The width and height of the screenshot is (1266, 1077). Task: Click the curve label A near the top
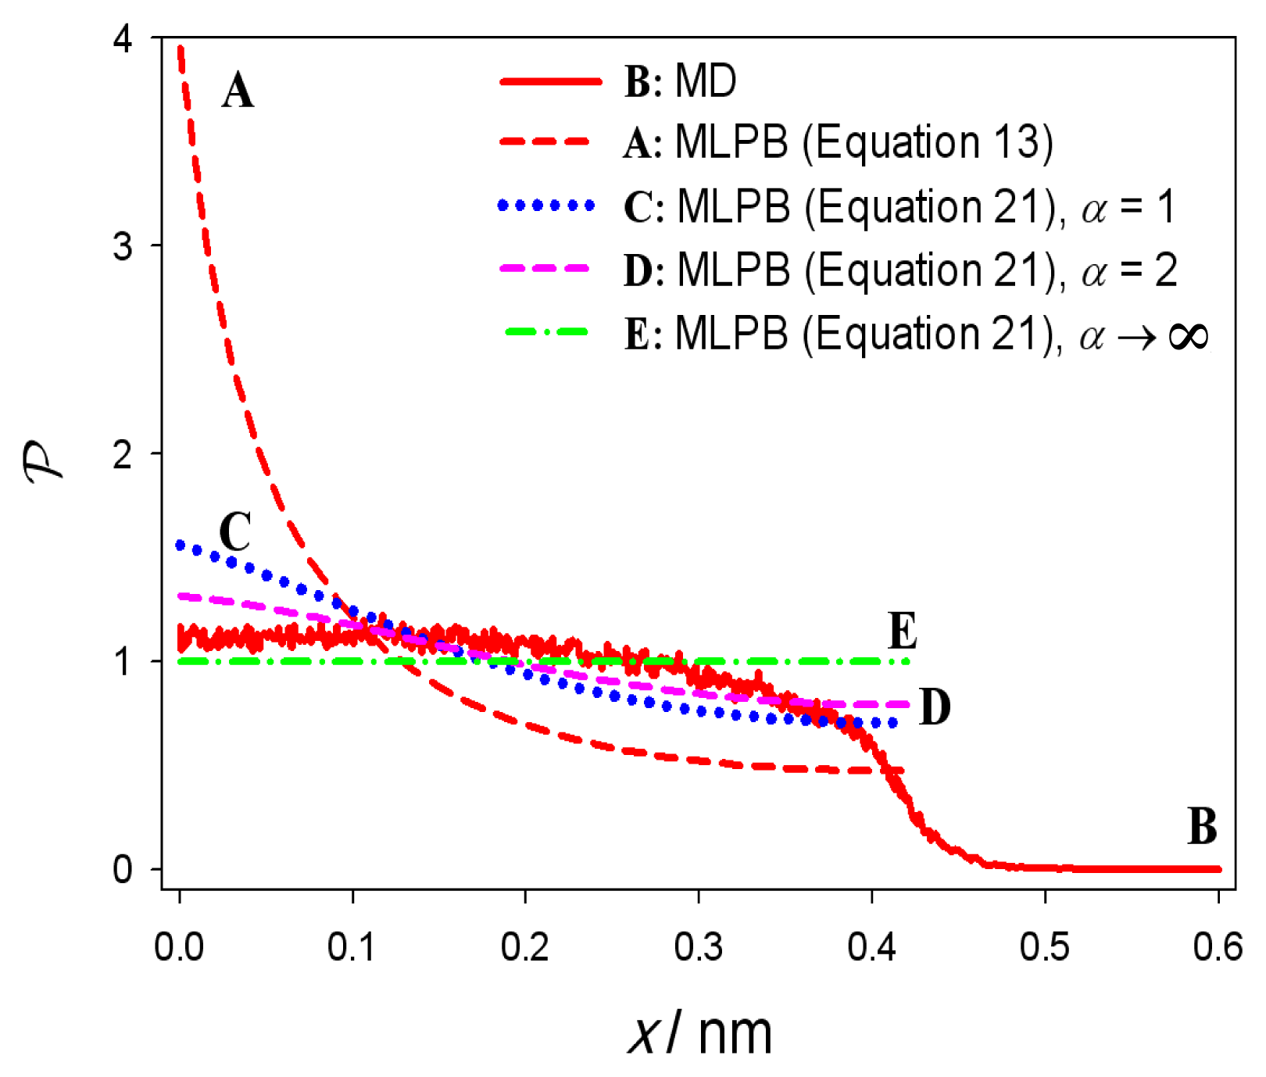point(238,91)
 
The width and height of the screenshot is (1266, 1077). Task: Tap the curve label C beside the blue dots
point(234,532)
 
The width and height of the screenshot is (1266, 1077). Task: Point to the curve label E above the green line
point(903,632)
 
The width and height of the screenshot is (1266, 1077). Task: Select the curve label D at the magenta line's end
point(935,707)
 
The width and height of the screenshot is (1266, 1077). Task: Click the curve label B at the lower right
point(1202,826)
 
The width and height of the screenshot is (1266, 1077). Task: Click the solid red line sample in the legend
point(550,81)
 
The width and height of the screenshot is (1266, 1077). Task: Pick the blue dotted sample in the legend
point(546,206)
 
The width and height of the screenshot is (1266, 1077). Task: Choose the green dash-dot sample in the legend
point(546,332)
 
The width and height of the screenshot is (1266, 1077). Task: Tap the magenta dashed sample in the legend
point(545,268)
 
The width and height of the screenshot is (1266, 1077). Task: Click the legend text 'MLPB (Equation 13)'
point(864,143)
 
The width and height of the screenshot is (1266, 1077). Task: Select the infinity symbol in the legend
point(1188,336)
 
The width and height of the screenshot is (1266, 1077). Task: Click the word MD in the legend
point(706,81)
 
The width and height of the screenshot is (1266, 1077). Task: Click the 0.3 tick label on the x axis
point(698,946)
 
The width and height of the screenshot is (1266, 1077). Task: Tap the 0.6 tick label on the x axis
point(1217,946)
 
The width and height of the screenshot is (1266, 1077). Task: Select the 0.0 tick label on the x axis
point(179,946)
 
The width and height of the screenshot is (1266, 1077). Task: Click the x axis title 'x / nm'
point(699,1034)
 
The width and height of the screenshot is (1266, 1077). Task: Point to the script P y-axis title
point(43,463)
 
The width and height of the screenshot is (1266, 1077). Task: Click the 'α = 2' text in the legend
point(1129,271)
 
